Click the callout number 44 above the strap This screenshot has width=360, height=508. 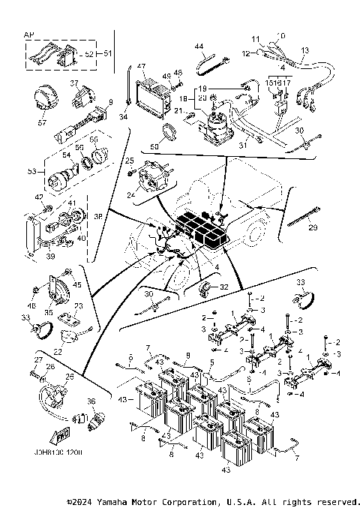click(199, 47)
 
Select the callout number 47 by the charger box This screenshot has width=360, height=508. click(141, 67)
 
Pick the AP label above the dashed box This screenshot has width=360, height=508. click(29, 35)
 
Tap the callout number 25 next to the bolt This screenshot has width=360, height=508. click(129, 161)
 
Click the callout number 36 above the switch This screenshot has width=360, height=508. click(91, 402)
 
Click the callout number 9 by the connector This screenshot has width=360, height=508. click(110, 101)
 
